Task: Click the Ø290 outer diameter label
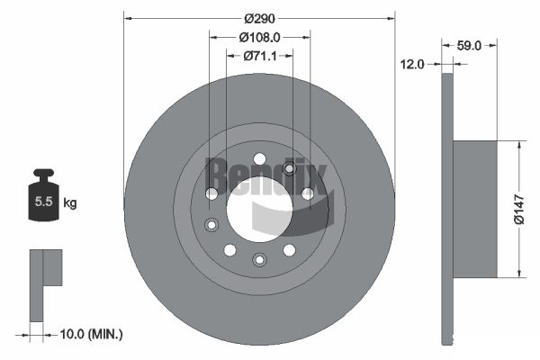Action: pos(260,18)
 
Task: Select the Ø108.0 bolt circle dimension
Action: pos(260,37)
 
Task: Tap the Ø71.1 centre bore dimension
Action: pos(260,56)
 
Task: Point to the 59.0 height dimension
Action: pos(469,45)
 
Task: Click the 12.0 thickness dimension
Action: pos(412,64)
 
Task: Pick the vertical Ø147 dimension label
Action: pos(519,209)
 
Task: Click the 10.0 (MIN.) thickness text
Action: pos(91,334)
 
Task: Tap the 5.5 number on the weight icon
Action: pos(43,202)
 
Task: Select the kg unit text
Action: pos(70,202)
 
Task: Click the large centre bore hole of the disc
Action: pos(260,209)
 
